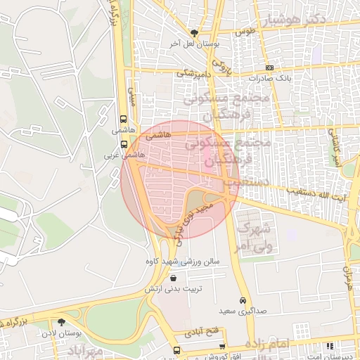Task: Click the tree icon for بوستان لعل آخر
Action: click(195, 32)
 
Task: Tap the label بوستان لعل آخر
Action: click(198, 44)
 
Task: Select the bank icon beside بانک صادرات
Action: click(269, 67)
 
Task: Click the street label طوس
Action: click(245, 32)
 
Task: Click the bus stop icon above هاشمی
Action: click(124, 120)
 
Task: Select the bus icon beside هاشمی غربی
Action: click(124, 144)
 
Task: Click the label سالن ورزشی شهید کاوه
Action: click(190, 262)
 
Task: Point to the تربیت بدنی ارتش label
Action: click(173, 289)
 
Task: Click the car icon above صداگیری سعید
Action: click(243, 300)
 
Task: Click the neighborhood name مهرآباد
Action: click(86, 349)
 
